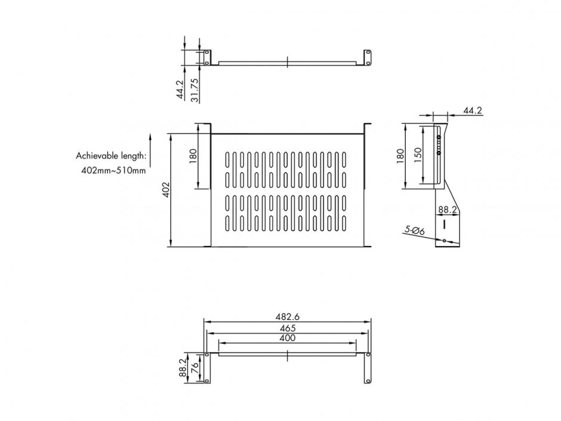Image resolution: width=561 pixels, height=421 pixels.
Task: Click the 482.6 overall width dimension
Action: click(x=287, y=316)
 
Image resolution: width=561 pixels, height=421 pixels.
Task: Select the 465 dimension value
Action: click(x=287, y=328)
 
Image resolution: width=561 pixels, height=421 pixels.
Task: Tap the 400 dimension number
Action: click(x=287, y=338)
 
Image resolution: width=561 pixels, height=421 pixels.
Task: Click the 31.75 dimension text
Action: click(x=194, y=90)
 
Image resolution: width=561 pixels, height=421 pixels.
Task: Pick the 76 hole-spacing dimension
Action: click(x=195, y=369)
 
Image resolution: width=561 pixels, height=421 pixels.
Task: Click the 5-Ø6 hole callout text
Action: click(x=413, y=229)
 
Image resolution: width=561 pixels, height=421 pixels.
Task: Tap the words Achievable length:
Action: click(x=110, y=156)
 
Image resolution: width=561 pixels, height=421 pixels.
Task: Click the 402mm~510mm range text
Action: click(x=113, y=171)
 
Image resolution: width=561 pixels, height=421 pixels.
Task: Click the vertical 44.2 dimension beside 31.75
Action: click(x=180, y=90)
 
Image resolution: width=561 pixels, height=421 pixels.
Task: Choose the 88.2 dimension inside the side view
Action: click(x=447, y=210)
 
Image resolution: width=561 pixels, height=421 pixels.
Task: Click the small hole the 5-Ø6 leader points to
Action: click(x=445, y=241)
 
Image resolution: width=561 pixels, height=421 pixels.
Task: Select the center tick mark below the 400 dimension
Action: click(x=287, y=356)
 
